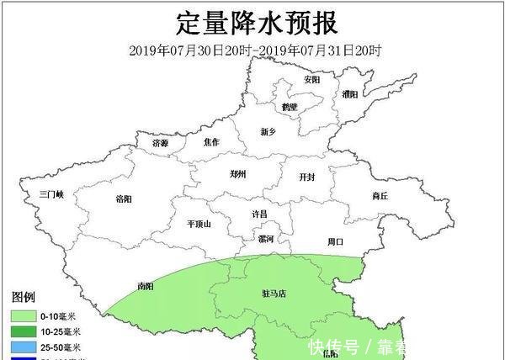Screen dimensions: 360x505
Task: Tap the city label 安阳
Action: (x=311, y=80)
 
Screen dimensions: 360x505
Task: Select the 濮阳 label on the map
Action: (x=350, y=94)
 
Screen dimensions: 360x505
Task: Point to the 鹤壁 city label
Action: (x=290, y=107)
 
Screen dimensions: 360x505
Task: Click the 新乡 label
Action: (x=268, y=131)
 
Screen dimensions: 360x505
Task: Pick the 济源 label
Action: (x=160, y=143)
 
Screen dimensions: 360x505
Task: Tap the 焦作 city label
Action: (x=211, y=142)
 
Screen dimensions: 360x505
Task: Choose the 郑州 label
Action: (x=239, y=174)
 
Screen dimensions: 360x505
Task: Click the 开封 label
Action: (x=307, y=177)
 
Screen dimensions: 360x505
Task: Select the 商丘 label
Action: (x=380, y=196)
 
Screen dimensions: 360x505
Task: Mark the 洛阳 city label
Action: (x=123, y=199)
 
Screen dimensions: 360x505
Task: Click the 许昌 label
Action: (x=259, y=214)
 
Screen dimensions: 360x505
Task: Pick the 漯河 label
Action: (x=265, y=239)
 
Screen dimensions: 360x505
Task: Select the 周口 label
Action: (x=335, y=241)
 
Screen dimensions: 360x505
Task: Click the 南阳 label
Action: (x=146, y=286)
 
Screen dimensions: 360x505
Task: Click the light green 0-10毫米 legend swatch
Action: (x=24, y=316)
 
